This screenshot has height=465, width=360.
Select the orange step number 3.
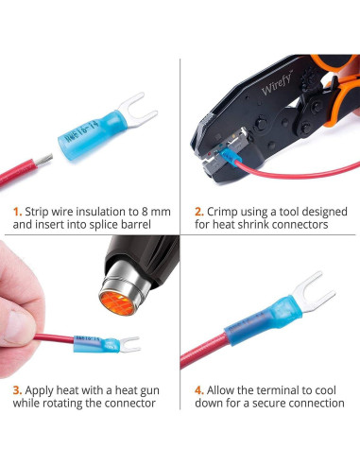[16, 389]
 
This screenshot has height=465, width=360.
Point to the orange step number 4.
[198, 389]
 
